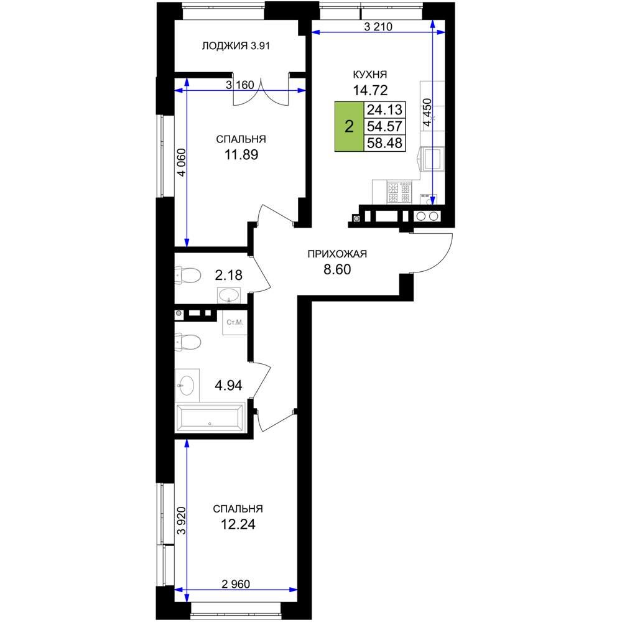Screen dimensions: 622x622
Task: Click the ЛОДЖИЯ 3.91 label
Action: pos(236,46)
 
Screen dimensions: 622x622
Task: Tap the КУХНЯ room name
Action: pos(370,74)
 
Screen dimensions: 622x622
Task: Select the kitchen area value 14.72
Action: pos(370,90)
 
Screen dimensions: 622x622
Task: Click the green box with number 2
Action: pos(349,126)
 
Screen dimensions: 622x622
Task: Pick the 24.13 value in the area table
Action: pos(384,109)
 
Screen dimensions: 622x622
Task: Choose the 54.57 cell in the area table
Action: pos(384,126)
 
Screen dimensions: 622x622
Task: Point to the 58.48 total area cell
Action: pos(384,142)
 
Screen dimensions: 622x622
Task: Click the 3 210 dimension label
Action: pos(378,27)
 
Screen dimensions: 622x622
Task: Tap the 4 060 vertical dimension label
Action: pos(181,162)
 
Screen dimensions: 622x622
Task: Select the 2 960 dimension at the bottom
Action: pos(236,584)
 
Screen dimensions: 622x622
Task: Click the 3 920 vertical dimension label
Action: pos(181,521)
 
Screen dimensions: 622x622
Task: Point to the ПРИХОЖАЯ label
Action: pos(337,254)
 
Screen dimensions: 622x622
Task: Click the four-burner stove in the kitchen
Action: pos(399,192)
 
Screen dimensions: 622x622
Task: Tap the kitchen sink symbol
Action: pos(432,158)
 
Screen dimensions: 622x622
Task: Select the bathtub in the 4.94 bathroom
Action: pos(210,417)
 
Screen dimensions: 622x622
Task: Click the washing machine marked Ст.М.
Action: pos(235,322)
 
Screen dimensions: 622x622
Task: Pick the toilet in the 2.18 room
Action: pos(188,276)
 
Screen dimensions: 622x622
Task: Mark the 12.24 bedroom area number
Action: pos(238,524)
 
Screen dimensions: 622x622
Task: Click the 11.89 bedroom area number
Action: pos(241,154)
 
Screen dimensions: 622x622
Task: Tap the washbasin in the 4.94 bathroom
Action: pos(187,385)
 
